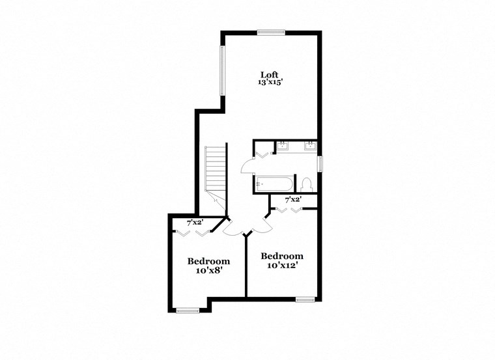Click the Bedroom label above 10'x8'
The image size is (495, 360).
208,261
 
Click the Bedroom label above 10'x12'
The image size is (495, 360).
281,256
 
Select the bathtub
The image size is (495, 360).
274,184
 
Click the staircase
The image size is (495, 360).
215,169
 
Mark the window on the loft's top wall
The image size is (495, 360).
270,31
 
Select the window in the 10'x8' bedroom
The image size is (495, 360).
188,311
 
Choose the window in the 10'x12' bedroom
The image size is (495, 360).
304,299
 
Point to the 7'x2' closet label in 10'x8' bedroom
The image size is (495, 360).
195,222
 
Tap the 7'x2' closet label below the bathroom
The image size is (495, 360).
293,200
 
